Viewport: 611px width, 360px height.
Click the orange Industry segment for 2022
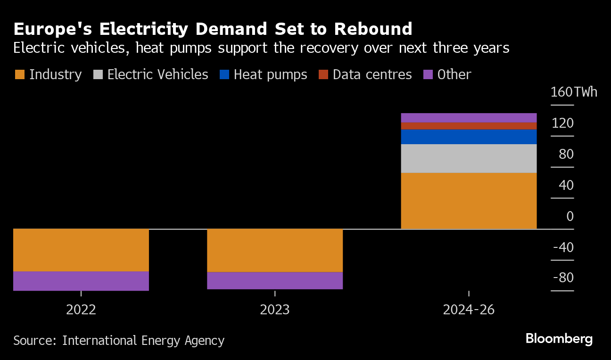81,250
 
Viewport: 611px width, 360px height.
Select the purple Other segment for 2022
81,281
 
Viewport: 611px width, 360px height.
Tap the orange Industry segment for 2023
275,250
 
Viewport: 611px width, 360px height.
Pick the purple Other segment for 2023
275,280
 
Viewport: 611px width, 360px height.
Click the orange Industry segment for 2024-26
469,201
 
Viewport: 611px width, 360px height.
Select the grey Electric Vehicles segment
469,158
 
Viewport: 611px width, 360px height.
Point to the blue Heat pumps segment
469,137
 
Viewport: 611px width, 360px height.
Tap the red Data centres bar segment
469,126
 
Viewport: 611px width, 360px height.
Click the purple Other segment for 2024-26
469,118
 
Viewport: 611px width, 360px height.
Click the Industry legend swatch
20,74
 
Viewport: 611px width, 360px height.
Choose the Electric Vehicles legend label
157,74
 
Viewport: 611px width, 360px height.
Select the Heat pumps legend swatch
224,74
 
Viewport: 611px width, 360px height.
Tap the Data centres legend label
372,74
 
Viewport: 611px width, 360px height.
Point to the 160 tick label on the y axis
561,92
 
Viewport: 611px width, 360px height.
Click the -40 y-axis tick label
563,247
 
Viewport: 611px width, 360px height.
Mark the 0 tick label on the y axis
570,216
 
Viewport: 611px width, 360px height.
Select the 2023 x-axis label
275,310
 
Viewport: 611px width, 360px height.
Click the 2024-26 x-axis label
469,310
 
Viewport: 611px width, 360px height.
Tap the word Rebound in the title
373,29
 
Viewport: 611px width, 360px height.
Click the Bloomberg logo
559,339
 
